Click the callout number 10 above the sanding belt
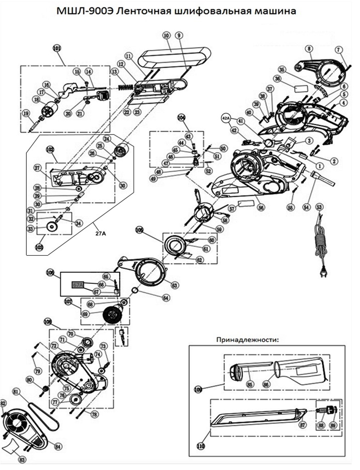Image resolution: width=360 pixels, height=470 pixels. coord(166,35)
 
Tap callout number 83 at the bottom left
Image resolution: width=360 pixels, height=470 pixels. coord(22,459)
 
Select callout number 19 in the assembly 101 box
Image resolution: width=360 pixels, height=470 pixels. coord(26,114)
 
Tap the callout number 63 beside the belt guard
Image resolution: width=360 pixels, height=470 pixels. coord(174,285)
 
